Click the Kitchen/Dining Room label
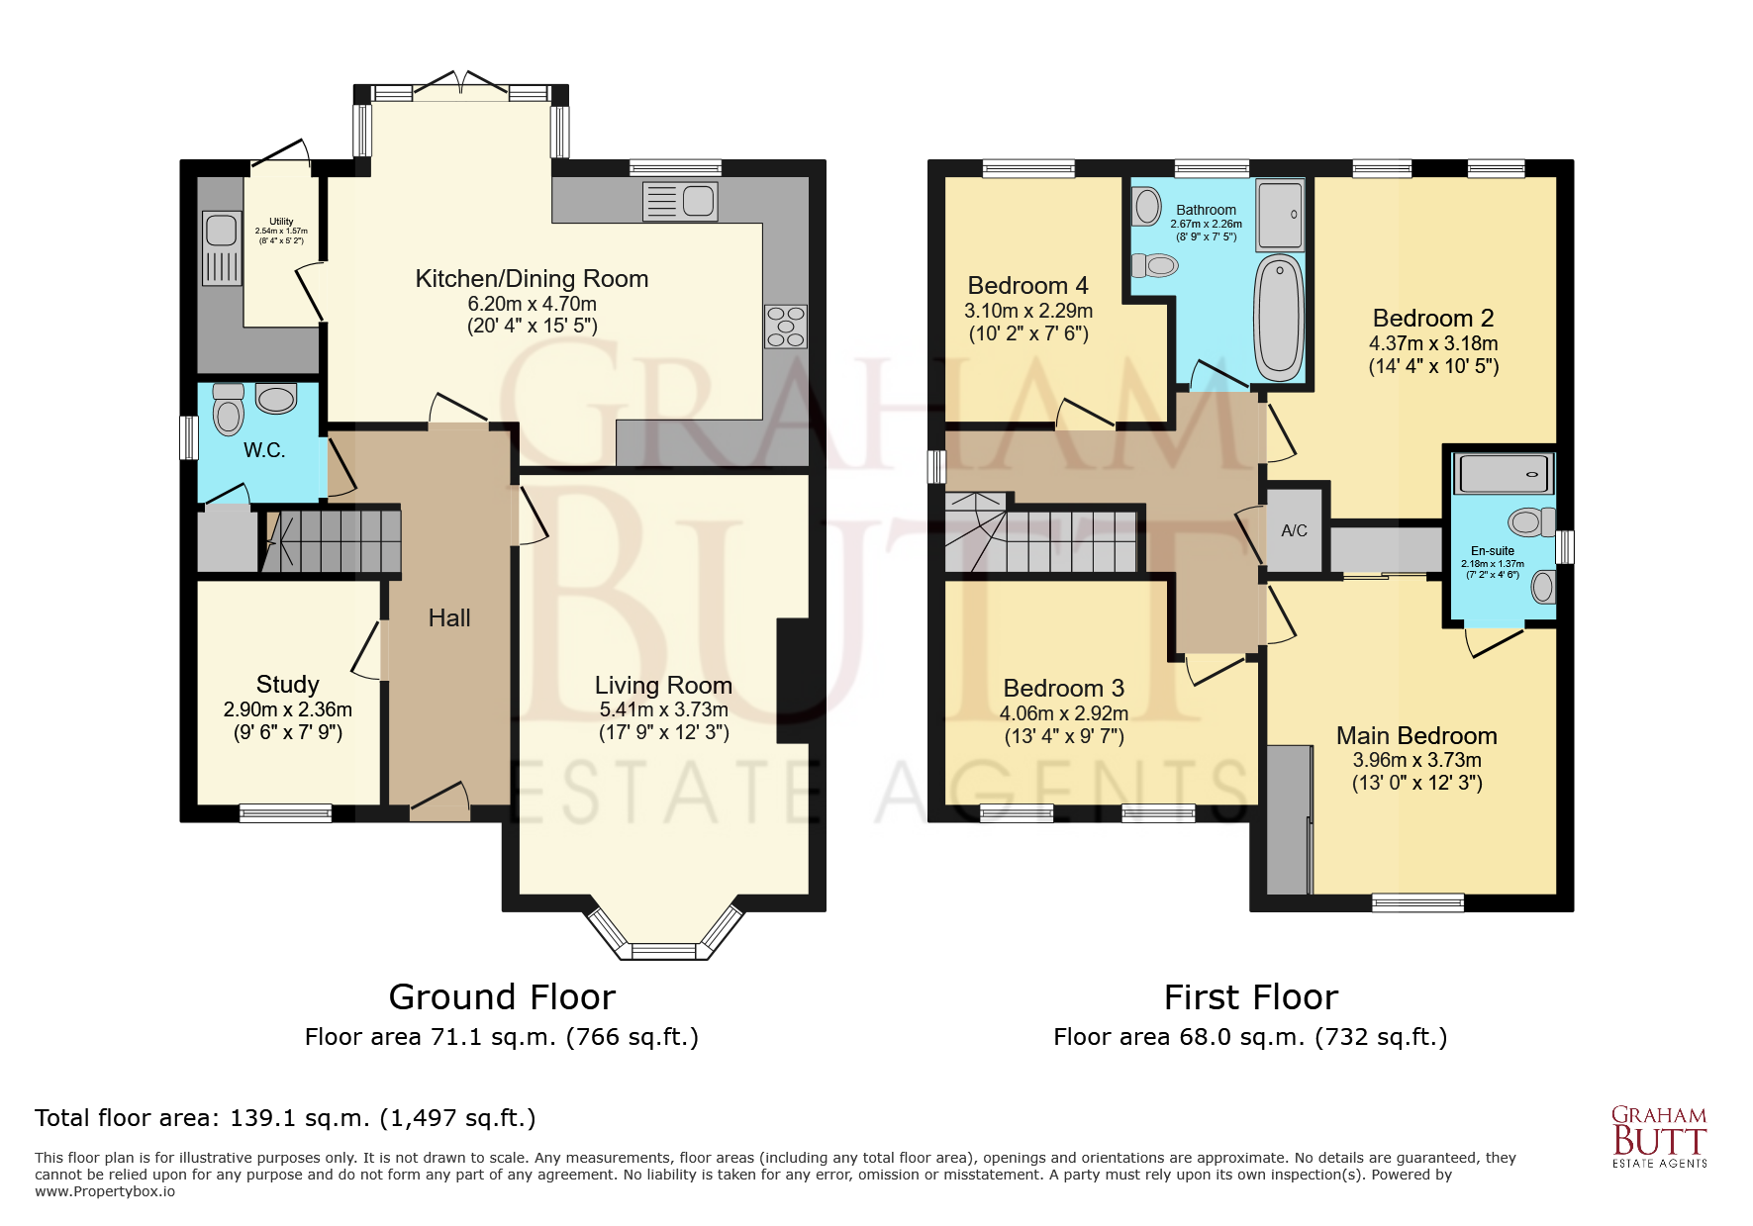click(x=532, y=279)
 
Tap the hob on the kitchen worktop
click(x=785, y=327)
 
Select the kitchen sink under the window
click(x=680, y=202)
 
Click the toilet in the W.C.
click(x=229, y=410)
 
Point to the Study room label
click(x=287, y=685)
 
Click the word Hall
click(x=448, y=618)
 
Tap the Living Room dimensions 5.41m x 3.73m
click(x=663, y=709)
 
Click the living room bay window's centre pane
click(x=663, y=952)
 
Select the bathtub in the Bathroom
click(x=1279, y=317)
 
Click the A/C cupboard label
click(x=1294, y=530)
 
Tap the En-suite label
click(x=1492, y=551)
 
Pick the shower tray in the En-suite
click(x=1503, y=474)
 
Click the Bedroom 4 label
click(x=1027, y=286)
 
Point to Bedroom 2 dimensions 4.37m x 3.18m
click(x=1432, y=343)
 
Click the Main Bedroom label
click(x=1415, y=736)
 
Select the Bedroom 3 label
click(x=1063, y=689)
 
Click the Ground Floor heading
click(x=502, y=996)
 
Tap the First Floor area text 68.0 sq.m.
click(x=1250, y=1037)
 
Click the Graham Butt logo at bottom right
click(x=1659, y=1137)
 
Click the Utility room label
click(x=281, y=222)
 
